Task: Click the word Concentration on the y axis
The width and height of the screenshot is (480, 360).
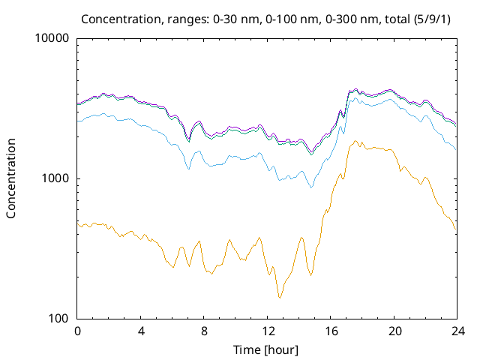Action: tap(11, 178)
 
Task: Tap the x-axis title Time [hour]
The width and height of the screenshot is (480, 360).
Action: tap(266, 349)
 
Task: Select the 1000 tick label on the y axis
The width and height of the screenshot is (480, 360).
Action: tap(56, 179)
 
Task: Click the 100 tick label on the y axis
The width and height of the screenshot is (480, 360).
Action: tap(59, 319)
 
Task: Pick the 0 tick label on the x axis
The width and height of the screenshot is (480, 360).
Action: tap(77, 331)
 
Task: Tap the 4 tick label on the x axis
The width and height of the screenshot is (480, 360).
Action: tap(141, 331)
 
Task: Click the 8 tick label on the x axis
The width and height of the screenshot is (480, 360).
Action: tap(204, 331)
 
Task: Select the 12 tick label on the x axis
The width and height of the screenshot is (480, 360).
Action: tap(267, 331)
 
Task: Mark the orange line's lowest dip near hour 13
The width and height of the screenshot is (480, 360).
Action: tap(280, 298)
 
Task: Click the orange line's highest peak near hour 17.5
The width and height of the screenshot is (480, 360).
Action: tap(355, 141)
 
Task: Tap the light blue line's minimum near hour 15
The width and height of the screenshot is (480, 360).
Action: tap(311, 187)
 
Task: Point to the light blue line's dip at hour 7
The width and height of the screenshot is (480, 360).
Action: tap(188, 169)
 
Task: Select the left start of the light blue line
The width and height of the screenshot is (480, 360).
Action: tap(78, 120)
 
